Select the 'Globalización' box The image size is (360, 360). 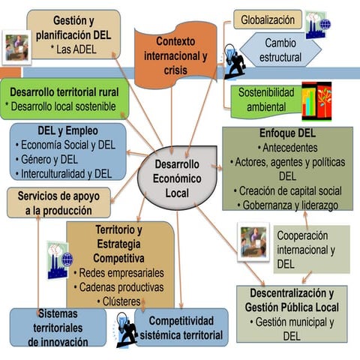click(268, 19)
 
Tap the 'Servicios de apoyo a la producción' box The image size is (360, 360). click(58, 203)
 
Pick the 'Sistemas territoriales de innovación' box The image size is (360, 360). click(58, 327)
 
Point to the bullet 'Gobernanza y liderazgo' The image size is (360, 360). click(287, 205)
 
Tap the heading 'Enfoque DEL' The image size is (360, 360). click(287, 133)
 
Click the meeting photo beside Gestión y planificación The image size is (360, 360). click(16, 47)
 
